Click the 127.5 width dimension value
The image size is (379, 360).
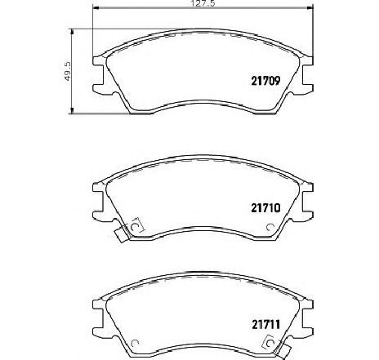click(203, 3)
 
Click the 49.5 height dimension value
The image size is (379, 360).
click(67, 71)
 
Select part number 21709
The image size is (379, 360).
click(265, 81)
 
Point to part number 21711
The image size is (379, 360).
click(265, 324)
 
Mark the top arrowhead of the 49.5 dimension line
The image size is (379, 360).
click(72, 32)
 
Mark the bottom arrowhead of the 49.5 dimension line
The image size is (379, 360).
click(72, 110)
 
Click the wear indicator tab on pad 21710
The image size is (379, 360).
click(121, 233)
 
